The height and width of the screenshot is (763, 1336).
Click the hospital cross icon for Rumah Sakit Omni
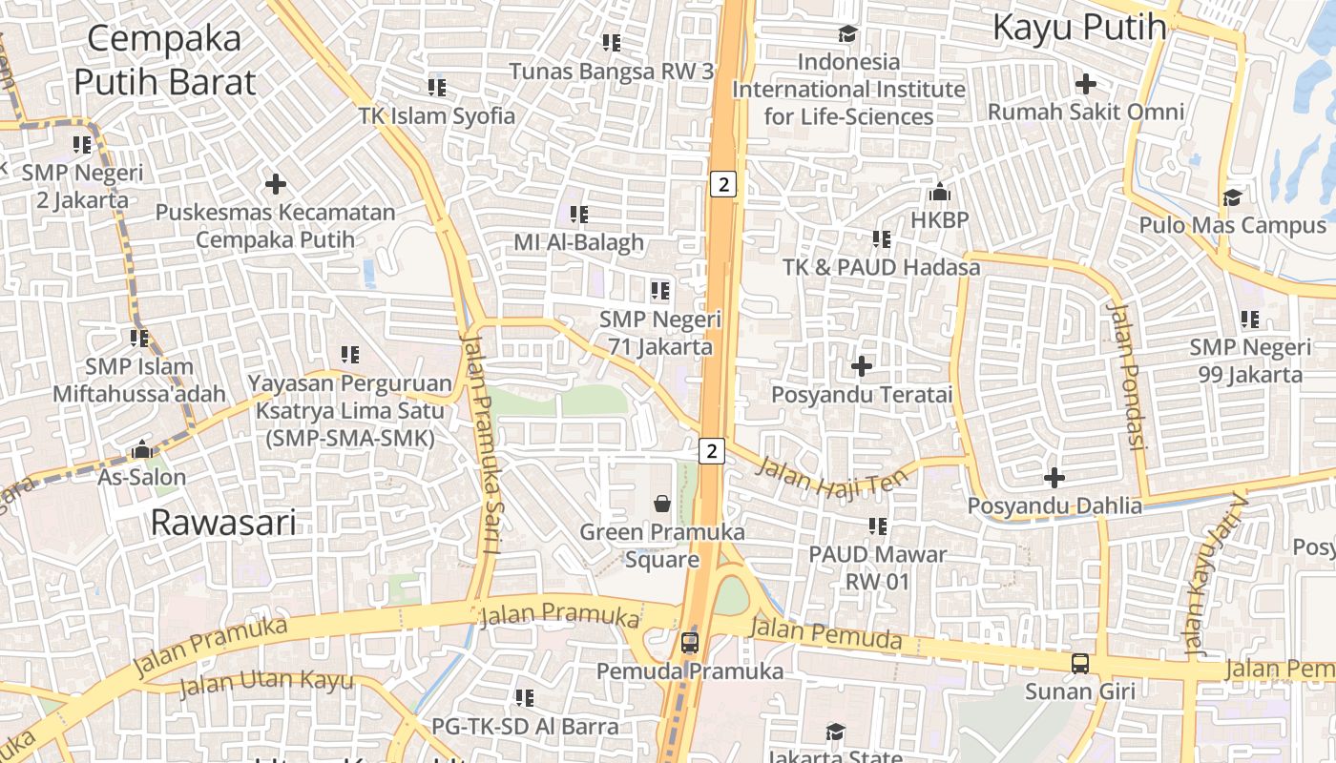click(1085, 84)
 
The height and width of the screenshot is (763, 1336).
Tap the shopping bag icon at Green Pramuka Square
click(661, 503)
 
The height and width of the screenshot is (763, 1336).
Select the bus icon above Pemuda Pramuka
click(690, 643)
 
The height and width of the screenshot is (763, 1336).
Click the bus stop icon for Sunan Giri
click(1079, 664)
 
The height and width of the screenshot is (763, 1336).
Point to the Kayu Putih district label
click(1079, 28)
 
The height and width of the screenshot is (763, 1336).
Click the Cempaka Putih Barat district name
click(164, 61)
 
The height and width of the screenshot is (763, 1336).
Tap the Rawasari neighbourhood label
click(223, 523)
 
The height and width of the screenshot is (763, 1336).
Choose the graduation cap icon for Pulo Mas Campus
click(1232, 197)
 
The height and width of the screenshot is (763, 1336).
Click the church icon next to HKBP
click(939, 193)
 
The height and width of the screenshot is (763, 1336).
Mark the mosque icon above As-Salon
click(142, 448)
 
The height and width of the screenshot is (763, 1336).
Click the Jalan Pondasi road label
click(1126, 378)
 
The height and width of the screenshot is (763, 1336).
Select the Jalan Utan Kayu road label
click(266, 683)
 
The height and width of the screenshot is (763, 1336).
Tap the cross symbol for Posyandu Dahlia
click(1054, 477)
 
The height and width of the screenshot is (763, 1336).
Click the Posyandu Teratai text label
click(862, 394)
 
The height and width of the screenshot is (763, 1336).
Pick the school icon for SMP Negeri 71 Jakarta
click(659, 290)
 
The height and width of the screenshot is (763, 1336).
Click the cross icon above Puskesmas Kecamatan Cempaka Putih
click(276, 183)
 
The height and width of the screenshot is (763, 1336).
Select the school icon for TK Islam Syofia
click(437, 88)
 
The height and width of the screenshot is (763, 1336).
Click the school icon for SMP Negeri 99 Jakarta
click(1249, 320)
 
